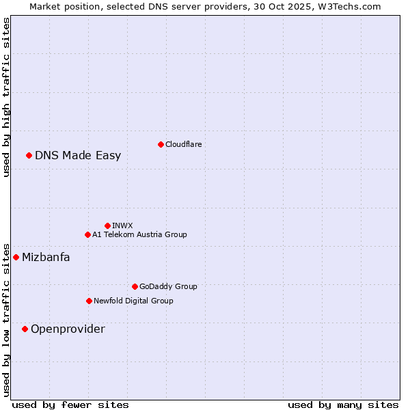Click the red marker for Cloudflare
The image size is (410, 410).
click(161, 144)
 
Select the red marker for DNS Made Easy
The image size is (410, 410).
click(29, 155)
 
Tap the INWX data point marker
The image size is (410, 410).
click(107, 225)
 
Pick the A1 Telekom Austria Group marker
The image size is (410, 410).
click(87, 234)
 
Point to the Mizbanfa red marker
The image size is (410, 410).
click(16, 257)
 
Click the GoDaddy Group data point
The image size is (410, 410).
click(135, 286)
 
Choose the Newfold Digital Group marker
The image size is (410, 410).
click(89, 301)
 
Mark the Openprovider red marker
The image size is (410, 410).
click(25, 329)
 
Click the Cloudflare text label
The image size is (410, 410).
click(184, 144)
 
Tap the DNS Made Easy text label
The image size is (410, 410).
click(78, 155)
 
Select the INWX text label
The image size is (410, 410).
click(122, 225)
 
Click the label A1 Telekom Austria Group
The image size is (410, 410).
click(139, 234)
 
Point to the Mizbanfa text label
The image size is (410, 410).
click(46, 257)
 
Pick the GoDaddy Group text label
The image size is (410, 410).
click(168, 286)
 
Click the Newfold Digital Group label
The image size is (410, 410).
click(133, 301)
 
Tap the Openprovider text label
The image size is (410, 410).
click(68, 329)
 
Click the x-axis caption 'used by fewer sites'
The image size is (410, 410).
click(70, 405)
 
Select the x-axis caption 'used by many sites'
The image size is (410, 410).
click(343, 405)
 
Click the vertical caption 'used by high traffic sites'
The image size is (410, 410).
click(6, 98)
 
